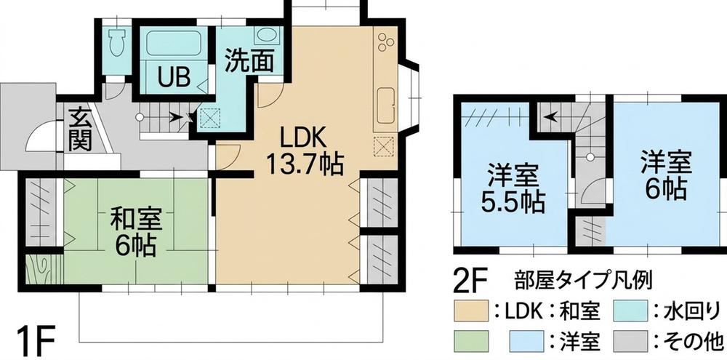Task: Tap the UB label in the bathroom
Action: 174,78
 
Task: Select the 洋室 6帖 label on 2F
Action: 666,175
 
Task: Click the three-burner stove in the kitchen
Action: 385,42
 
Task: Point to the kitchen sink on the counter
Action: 386,105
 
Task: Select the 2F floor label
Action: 472,282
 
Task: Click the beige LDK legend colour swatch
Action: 470,311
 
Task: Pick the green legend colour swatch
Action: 470,342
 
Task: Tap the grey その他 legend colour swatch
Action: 630,342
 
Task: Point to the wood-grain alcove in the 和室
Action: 44,269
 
